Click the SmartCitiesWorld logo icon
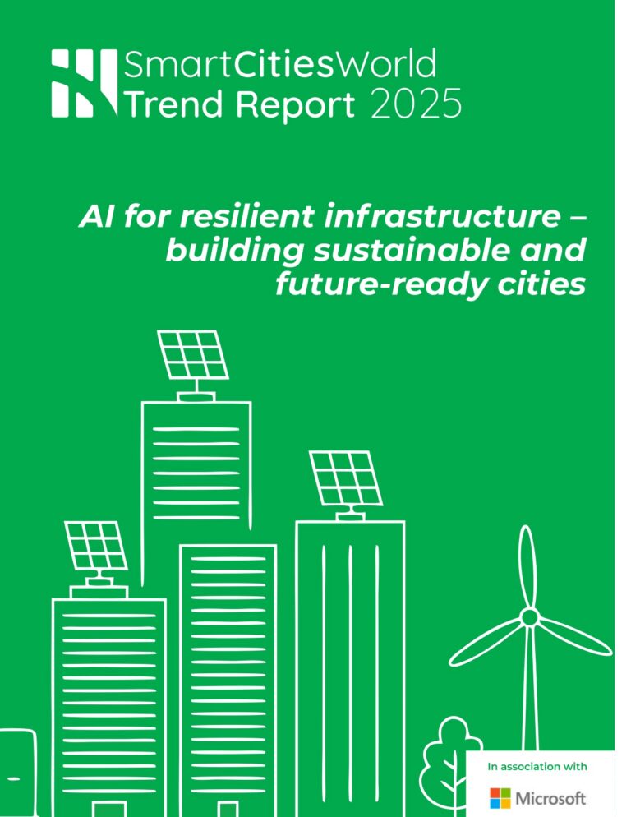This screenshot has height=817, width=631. [x=84, y=82]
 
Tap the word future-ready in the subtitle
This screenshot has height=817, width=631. [x=380, y=284]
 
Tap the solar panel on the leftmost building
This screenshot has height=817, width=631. [x=96, y=546]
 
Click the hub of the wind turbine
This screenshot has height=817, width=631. [x=530, y=616]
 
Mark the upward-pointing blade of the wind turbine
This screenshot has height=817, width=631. [x=527, y=567]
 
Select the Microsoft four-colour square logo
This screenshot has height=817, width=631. [x=500, y=797]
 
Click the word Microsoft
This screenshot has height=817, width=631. [x=550, y=797]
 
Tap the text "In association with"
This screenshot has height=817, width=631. [x=537, y=767]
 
